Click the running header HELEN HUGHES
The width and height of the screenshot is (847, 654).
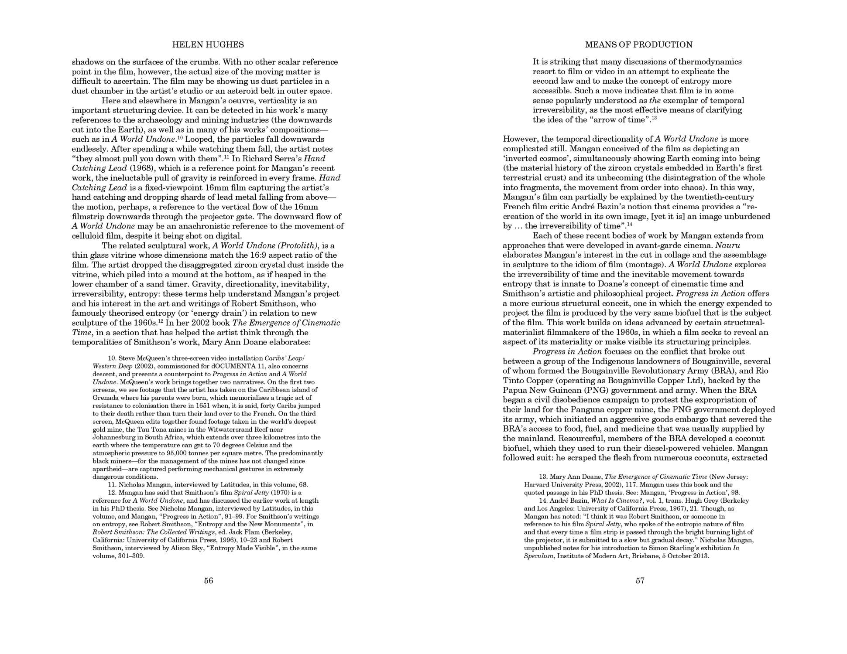click(x=208, y=44)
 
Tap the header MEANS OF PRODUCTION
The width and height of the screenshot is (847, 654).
click(x=638, y=44)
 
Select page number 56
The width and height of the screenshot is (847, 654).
click(x=209, y=580)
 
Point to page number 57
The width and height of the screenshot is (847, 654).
click(x=640, y=580)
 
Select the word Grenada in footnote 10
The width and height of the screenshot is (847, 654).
click(x=104, y=398)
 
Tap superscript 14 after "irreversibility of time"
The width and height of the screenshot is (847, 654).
click(x=630, y=225)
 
